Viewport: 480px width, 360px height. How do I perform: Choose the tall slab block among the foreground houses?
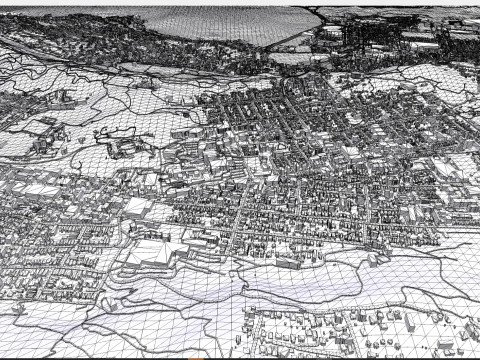click(409, 323)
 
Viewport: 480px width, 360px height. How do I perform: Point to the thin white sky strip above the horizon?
click(240, 3)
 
